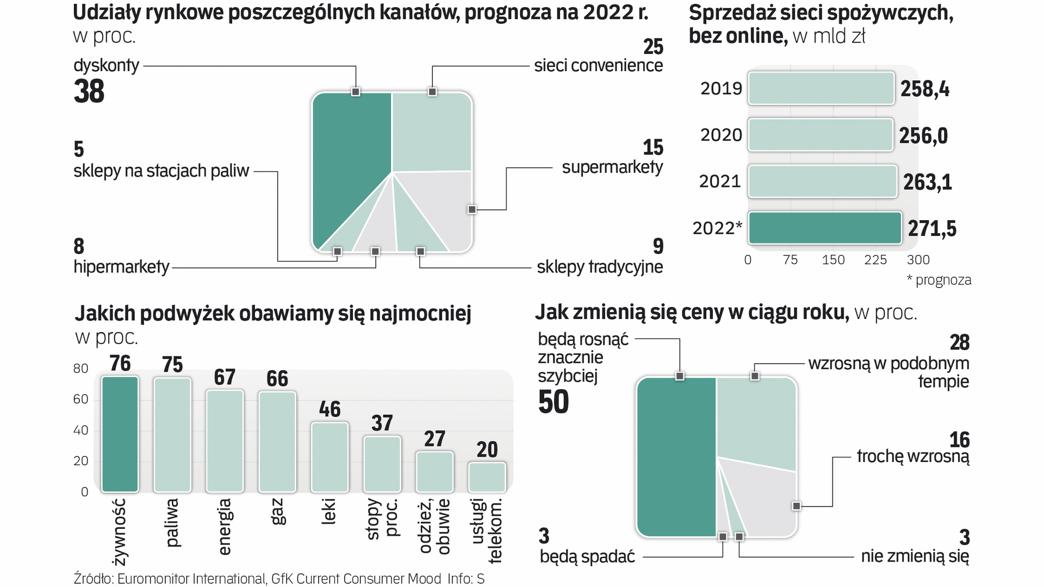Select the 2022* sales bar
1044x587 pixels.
click(824, 228)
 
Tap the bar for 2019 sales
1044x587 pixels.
click(821, 88)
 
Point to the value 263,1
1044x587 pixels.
click(928, 182)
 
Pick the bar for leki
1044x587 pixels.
click(330, 457)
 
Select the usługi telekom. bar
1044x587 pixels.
click(487, 477)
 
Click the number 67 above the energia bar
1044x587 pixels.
click(225, 377)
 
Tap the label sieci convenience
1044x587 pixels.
click(598, 66)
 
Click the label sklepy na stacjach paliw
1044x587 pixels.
click(161, 171)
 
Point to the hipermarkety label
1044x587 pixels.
click(121, 267)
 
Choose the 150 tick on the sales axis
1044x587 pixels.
click(833, 260)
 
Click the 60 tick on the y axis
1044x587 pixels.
click(80, 399)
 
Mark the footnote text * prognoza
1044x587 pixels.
click(939, 280)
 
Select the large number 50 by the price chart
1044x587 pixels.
click(554, 402)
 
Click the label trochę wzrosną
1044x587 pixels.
click(912, 457)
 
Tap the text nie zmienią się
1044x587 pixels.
click(915, 556)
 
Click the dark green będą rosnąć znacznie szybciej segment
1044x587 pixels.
click(676, 457)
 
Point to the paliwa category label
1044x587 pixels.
click(172, 523)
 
